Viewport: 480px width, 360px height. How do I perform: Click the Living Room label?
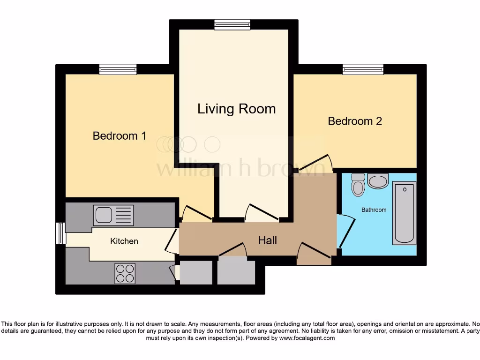[236, 109]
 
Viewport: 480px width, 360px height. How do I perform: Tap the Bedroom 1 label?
[119, 136]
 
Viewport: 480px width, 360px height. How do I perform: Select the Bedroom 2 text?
[355, 121]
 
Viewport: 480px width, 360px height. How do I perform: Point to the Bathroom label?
[374, 210]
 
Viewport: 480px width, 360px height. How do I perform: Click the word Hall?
[267, 240]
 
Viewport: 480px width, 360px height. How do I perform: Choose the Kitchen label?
[124, 241]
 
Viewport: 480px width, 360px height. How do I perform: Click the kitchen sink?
[113, 215]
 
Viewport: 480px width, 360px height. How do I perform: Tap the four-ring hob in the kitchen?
[125, 273]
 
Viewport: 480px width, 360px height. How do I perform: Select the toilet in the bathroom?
[358, 185]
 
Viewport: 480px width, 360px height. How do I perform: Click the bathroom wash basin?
[378, 180]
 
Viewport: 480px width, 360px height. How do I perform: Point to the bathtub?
[404, 214]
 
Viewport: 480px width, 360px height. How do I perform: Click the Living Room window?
[232, 25]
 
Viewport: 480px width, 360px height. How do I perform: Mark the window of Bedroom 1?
[118, 69]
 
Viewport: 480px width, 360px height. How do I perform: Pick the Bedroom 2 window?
[363, 69]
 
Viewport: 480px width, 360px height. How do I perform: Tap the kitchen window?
[60, 233]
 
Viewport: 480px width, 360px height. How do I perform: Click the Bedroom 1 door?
[196, 214]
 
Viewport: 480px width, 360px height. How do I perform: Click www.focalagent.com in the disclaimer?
[307, 338]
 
